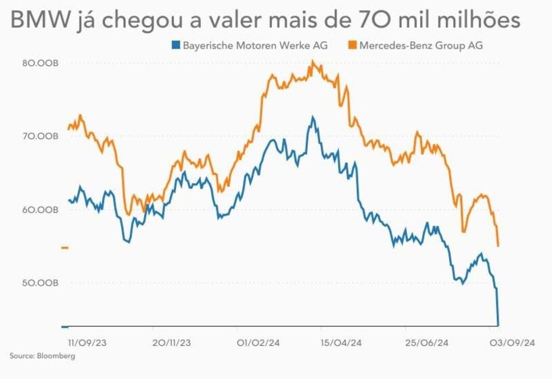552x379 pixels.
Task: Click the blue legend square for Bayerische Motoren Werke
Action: (x=176, y=46)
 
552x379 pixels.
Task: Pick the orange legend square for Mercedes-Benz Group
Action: (x=353, y=46)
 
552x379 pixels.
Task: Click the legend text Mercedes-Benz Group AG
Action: (x=422, y=46)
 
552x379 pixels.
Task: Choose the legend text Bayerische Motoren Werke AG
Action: (x=255, y=46)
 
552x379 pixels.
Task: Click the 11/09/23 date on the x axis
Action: (x=88, y=343)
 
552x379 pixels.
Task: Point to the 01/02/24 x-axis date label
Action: (x=258, y=343)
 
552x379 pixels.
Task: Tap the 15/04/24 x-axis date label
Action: (x=342, y=343)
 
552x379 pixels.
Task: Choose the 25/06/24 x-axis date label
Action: (x=427, y=343)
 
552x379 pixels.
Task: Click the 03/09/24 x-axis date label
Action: (x=513, y=343)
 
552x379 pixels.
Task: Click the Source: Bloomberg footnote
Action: (x=42, y=356)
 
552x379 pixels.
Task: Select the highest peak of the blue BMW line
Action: (x=313, y=117)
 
